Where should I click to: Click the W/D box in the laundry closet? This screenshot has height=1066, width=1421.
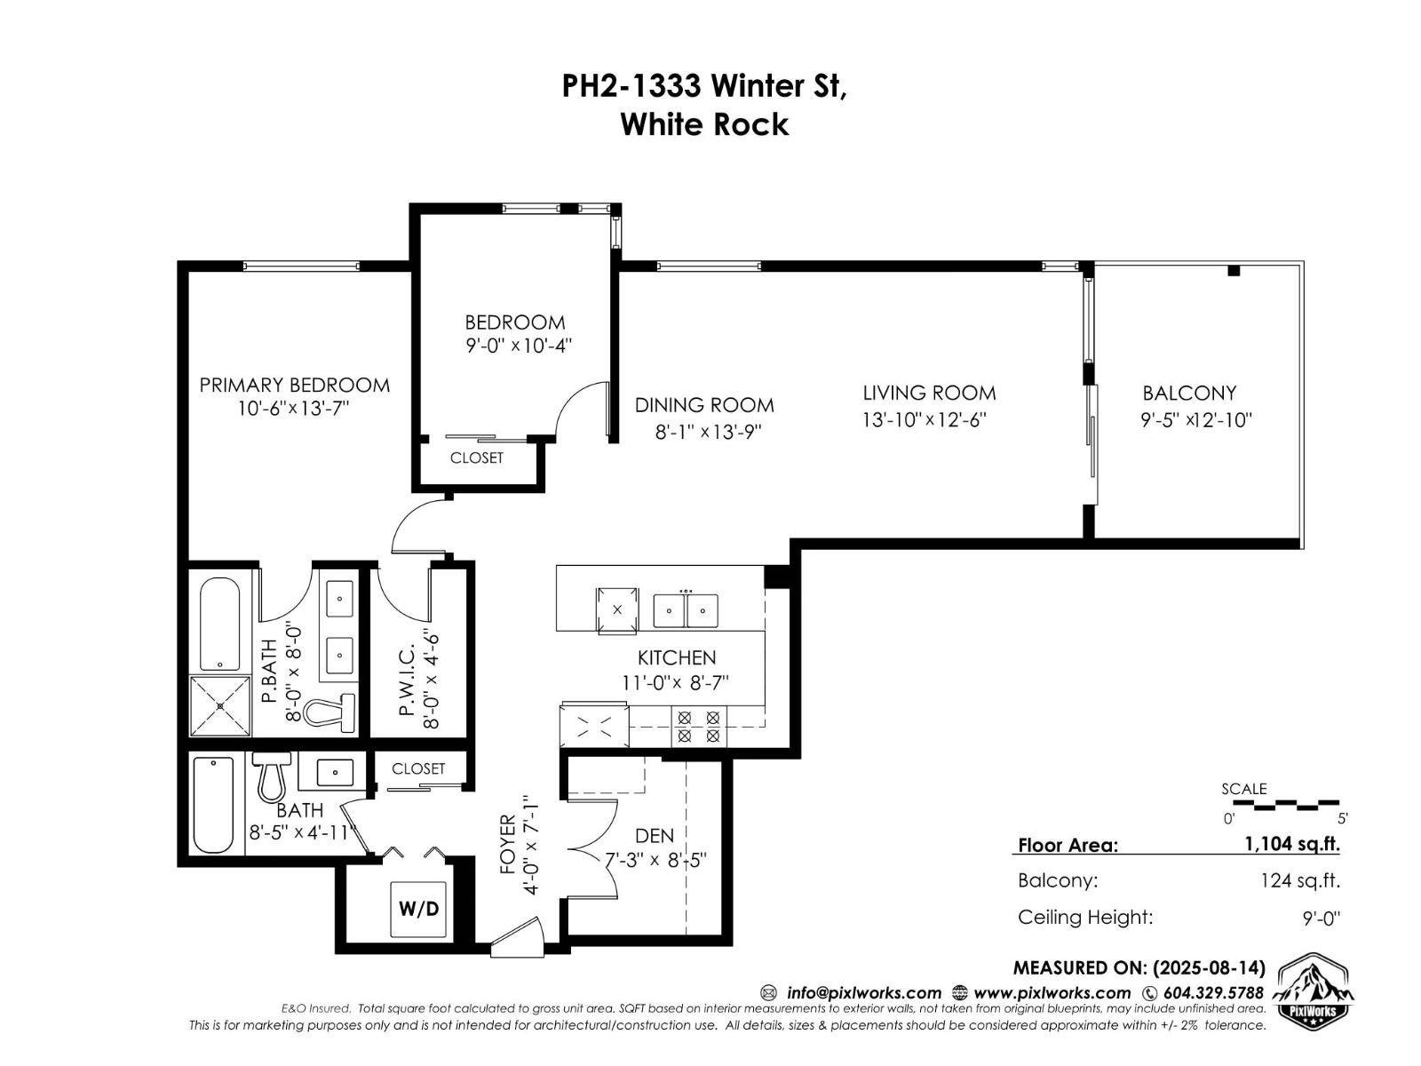[418, 908]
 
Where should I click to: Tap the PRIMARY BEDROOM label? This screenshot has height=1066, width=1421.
[294, 385]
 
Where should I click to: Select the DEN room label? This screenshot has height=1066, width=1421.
[655, 835]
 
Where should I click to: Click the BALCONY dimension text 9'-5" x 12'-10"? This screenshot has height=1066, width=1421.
[1195, 420]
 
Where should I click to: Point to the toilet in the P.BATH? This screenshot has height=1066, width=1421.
[329, 711]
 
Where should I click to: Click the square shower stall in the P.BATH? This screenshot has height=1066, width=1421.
[220, 705]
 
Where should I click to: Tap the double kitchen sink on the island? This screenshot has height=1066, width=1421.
[685, 610]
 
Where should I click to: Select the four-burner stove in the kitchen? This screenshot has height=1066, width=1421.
[698, 726]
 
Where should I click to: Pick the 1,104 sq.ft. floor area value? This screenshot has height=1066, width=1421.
[1291, 844]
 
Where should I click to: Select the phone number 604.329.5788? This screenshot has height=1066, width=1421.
[1212, 992]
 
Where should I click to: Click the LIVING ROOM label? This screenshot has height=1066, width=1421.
[929, 393]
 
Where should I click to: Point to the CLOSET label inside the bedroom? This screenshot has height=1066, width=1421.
[476, 457]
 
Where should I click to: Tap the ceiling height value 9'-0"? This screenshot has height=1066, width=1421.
[1321, 918]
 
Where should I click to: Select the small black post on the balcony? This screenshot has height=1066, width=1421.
[1233, 271]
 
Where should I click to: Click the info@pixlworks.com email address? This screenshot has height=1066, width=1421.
[863, 992]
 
